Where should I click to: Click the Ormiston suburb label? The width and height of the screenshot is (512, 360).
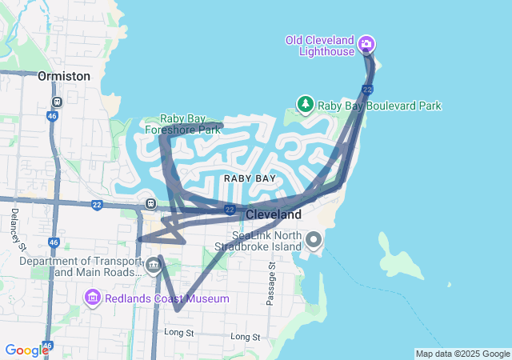point(63,76)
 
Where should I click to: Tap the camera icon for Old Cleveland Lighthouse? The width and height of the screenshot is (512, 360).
point(366,42)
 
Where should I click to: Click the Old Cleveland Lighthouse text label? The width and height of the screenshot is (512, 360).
point(321,46)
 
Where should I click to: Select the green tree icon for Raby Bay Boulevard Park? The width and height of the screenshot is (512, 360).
point(305,104)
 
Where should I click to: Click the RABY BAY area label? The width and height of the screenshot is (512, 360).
point(250,178)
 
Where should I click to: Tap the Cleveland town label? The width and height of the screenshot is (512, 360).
point(274,215)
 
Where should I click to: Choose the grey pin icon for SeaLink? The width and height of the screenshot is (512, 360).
point(313,239)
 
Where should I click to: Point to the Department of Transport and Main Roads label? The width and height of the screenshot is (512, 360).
point(78,266)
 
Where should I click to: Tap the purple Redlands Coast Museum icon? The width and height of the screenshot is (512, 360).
point(93,298)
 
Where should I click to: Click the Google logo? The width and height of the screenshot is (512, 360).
point(26,350)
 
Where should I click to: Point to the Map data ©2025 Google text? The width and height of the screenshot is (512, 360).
point(462,354)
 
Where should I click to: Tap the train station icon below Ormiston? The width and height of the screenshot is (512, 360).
point(57,102)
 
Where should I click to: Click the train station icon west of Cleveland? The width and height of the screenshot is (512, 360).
point(150,202)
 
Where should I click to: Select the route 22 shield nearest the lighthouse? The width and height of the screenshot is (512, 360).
point(367,89)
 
